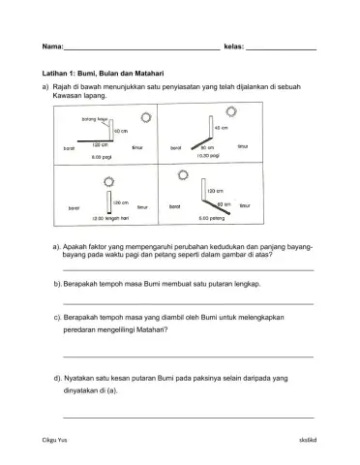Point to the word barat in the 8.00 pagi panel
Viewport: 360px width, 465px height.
(69, 149)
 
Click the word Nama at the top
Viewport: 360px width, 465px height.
(52, 46)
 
